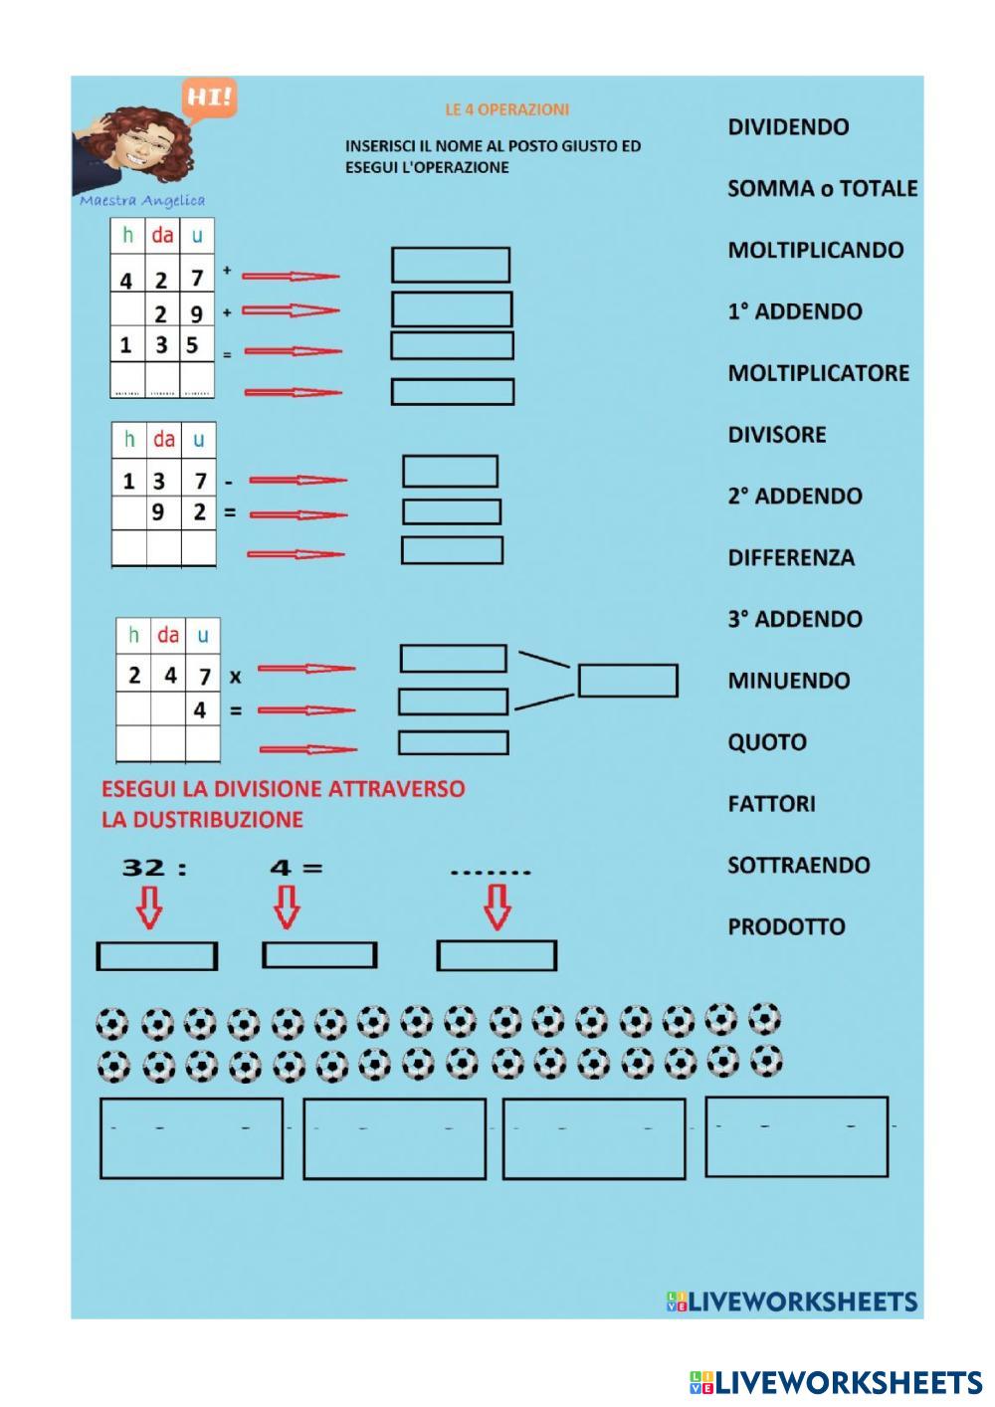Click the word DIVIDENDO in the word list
pos(788,127)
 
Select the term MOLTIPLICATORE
pos(818,373)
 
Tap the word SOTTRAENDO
pos(798,865)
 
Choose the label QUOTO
pos(766,742)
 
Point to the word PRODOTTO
pos(786,926)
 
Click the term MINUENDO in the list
pos(788,681)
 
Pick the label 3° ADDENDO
pos(794,619)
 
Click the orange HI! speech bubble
pos(209,99)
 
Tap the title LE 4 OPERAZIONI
pos(506,109)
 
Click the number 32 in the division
pos(143,868)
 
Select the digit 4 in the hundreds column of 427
pos(126,281)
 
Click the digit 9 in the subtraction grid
pos(158,513)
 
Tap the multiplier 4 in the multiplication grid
pos(200,710)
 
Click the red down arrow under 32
pos(149,907)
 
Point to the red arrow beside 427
pos(291,277)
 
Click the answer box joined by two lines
pos(628,681)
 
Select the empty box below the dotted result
pos(497,955)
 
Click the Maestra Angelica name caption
pos(141,200)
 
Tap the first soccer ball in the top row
pos(112,1023)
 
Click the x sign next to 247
pos(235,677)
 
